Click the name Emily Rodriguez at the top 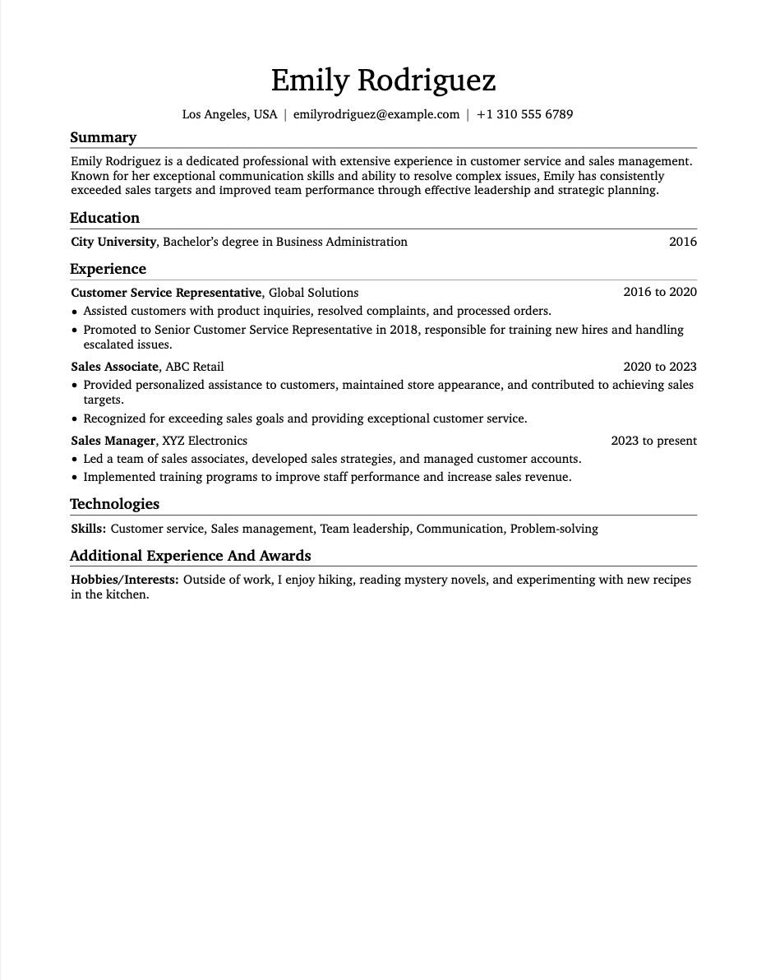click(x=383, y=81)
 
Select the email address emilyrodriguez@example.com click(x=376, y=114)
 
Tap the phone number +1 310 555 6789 click(x=524, y=114)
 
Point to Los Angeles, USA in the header click(x=229, y=114)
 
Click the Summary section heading click(x=103, y=137)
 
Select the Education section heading click(x=104, y=218)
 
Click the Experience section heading click(x=108, y=269)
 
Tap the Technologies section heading click(x=114, y=504)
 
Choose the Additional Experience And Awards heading click(x=190, y=555)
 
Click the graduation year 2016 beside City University click(x=682, y=242)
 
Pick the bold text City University click(x=113, y=242)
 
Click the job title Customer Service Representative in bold click(x=166, y=293)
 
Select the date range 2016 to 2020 click(x=659, y=292)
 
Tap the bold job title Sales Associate click(x=114, y=367)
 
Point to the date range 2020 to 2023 click(x=659, y=367)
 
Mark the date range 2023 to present click(x=653, y=441)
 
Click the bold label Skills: click(x=88, y=529)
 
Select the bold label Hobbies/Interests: click(x=124, y=580)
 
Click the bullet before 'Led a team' click(x=75, y=460)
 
